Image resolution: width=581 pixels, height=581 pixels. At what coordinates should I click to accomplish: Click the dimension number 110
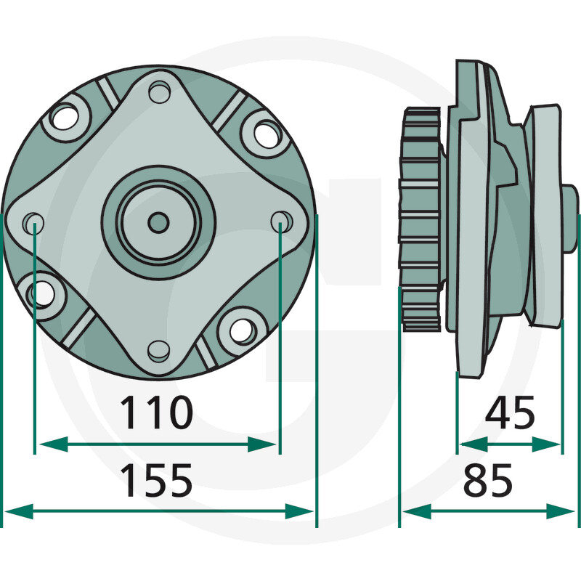click(x=156, y=413)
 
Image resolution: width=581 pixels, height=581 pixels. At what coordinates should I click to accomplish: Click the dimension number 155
click(x=156, y=480)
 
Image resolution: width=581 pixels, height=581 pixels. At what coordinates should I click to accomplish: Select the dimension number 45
click(x=510, y=412)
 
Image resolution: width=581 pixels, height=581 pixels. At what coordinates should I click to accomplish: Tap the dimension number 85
click(x=488, y=480)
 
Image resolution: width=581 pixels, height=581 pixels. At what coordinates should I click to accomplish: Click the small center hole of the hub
click(x=158, y=223)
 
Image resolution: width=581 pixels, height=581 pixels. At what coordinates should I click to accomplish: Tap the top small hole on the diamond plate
click(x=160, y=92)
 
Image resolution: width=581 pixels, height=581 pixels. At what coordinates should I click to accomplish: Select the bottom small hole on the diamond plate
click(x=159, y=352)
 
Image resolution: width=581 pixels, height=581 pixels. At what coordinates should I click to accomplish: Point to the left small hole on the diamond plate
click(x=33, y=223)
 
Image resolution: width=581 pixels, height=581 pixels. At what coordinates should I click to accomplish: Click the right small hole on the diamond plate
click(x=282, y=222)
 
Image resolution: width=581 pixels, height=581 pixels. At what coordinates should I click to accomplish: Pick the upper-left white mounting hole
click(x=65, y=118)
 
